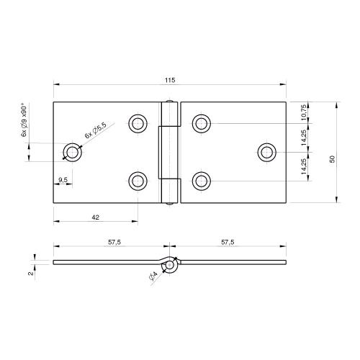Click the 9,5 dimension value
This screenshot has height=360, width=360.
[63, 179]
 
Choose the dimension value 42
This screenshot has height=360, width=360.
[95, 216]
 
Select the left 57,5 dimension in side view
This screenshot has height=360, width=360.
[113, 243]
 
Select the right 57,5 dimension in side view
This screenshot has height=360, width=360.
[226, 243]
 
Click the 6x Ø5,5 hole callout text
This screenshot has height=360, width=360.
[95, 130]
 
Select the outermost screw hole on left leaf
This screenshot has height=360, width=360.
[71, 152]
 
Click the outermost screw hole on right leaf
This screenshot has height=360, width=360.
[267, 152]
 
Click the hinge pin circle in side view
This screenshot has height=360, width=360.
[169, 266]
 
